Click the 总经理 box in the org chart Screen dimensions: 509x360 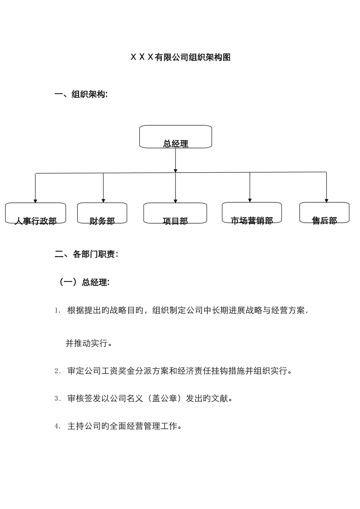coord(175,137)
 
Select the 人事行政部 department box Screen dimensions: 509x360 coord(36,213)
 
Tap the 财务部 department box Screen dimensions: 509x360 coord(102,213)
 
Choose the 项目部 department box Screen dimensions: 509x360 coord(175,213)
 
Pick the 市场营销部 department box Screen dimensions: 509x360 coord(252,213)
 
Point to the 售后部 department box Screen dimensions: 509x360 coord(324,213)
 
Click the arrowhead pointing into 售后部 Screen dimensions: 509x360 coord(326,200)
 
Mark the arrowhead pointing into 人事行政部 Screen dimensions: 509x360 coord(36,201)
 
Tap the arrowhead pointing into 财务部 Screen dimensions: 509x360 coord(103,200)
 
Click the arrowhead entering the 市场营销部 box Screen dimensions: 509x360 coord(250,200)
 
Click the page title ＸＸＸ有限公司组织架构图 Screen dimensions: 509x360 coord(180,58)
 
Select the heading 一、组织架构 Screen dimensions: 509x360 coord(81,95)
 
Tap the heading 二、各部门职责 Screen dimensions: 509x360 coord(86,254)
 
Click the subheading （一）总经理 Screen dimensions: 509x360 coord(83,283)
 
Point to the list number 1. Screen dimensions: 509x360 coord(57,311)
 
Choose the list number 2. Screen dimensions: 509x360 coord(57,372)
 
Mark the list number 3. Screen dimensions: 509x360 coord(57,399)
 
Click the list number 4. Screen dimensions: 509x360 coord(57,426)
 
